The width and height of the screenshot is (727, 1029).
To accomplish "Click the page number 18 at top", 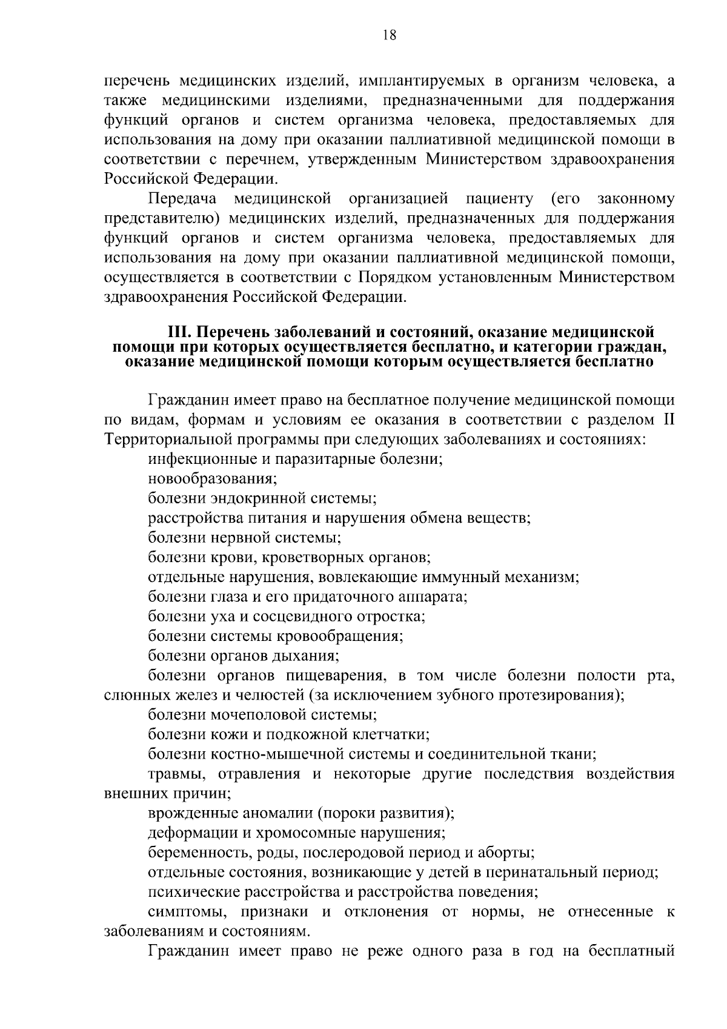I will pos(390,35).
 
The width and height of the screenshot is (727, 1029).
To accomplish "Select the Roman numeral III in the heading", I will pos(179,332).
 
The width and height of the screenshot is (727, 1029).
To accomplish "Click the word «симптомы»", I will pos(180,911).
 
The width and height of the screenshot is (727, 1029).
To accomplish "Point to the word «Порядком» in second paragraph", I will pos(394,277).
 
